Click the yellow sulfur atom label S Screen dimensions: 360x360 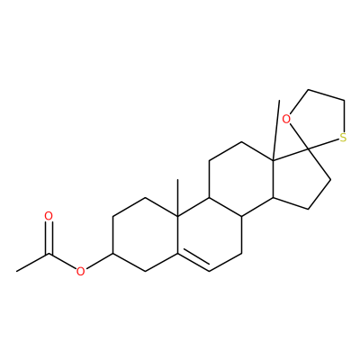click(343, 138)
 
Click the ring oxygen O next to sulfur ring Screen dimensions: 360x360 click(287, 119)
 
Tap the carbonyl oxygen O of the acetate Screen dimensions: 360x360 click(49, 216)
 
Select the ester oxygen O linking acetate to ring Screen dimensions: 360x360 click(80, 272)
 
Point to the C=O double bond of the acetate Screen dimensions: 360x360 click(49, 238)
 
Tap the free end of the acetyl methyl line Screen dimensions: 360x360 click(16, 272)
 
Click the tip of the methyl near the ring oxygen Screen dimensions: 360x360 click(279, 101)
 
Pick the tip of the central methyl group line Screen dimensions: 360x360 click(177, 179)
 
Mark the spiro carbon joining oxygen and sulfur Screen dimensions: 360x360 click(309, 148)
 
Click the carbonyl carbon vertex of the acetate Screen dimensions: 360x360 click(49, 254)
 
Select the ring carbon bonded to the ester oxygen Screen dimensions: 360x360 click(112, 254)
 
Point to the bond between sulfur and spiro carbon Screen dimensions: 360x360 click(324, 144)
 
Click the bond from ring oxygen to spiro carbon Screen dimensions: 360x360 click(299, 136)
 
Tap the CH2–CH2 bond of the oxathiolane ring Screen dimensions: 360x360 click(326, 94)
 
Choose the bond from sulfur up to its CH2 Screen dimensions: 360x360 click(345, 116)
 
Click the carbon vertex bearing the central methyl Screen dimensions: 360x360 click(177, 216)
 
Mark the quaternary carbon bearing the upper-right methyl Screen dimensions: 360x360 click(273, 161)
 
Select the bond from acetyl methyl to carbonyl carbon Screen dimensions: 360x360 click(32, 263)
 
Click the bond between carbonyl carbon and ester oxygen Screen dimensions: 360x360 click(62, 261)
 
